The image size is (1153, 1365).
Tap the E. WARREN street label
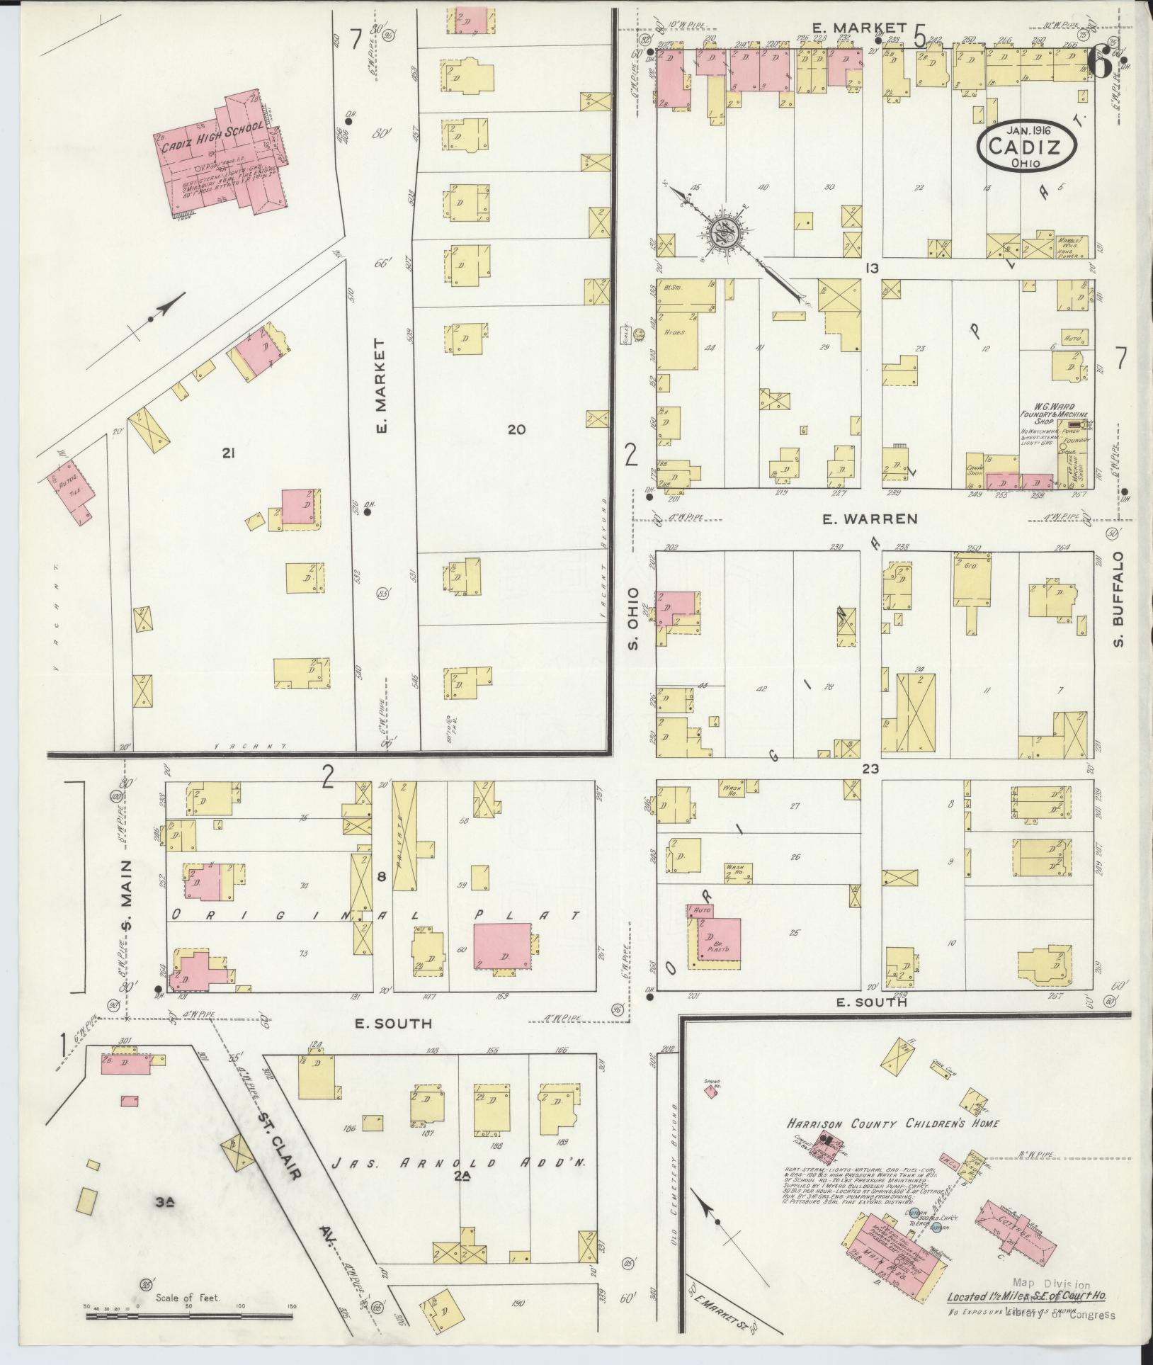[x=870, y=519]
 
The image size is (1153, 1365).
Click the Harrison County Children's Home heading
[x=893, y=1123]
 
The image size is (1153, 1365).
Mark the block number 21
[x=227, y=453]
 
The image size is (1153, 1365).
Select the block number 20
[x=516, y=429]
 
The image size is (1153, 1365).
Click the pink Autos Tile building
[x=70, y=489]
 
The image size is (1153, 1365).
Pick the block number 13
[x=871, y=268]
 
